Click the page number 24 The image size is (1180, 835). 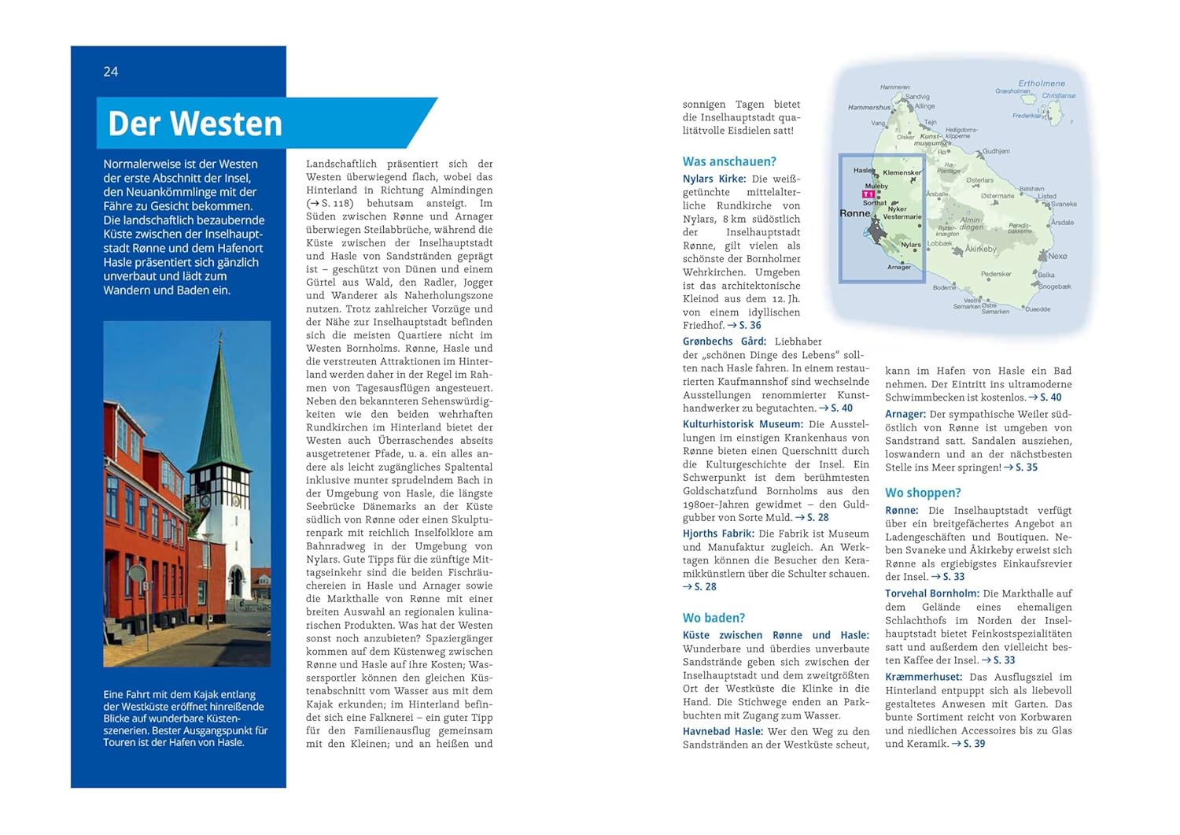110,72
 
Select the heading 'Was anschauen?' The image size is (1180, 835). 729,161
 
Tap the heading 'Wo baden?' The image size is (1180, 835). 714,618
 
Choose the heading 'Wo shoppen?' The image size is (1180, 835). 923,493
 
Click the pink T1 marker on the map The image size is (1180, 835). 868,194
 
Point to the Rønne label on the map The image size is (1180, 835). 854,213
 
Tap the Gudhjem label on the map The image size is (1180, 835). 996,151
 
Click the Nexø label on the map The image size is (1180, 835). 1057,256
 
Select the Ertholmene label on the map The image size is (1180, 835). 1042,83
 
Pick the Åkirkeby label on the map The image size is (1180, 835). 981,249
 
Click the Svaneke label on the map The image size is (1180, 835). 1064,204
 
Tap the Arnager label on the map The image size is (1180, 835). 898,267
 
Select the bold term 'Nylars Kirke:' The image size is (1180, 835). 714,179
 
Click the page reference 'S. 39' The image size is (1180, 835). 974,744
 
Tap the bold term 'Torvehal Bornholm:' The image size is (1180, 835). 931,593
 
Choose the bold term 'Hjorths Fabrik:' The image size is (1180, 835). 718,534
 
